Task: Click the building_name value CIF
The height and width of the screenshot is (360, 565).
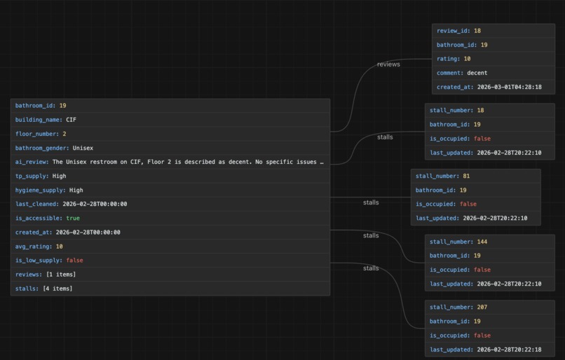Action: pos(71,120)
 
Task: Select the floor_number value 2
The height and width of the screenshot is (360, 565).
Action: pos(64,134)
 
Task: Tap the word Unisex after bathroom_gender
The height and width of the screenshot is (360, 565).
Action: pos(83,148)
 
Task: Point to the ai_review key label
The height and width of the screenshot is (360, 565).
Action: pos(32,162)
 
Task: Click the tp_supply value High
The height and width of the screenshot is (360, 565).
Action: pos(59,176)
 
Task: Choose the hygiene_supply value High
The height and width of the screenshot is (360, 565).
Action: pos(76,190)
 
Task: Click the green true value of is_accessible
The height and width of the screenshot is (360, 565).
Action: pos(73,218)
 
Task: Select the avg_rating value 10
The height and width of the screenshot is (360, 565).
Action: pos(59,247)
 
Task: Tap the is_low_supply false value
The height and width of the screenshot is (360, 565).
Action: pos(74,261)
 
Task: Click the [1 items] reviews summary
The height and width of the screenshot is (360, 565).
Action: pos(61,275)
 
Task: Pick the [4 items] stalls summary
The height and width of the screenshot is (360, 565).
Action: pos(57,289)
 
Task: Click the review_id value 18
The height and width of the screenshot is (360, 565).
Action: pos(477,31)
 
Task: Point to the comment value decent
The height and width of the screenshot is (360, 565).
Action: pos(477,73)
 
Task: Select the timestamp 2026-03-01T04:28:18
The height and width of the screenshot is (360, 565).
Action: pos(509,87)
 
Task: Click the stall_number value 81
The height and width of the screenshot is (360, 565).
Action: pos(466,176)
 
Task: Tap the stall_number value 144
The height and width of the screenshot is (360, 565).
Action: pos(482,242)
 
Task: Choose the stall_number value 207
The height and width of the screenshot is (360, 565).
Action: pos(482,307)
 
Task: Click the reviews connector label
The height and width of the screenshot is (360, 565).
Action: pos(388,64)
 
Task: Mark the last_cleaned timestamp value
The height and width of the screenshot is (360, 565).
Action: pos(95,204)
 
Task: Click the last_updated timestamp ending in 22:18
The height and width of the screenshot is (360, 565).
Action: pos(509,349)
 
